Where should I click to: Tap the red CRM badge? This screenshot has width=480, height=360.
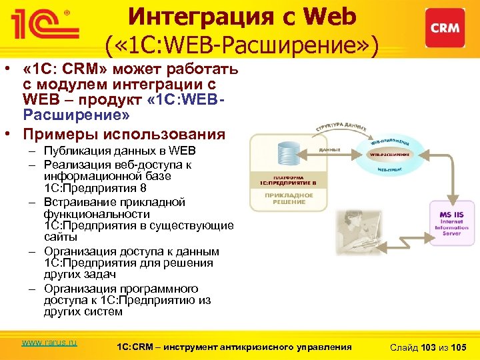pyautogui.click(x=445, y=28)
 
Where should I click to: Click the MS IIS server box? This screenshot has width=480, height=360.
pyautogui.click(x=451, y=221)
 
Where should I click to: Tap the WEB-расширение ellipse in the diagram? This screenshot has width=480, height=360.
pyautogui.click(x=391, y=155)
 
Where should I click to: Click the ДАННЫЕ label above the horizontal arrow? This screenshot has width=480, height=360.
pyautogui.click(x=331, y=150)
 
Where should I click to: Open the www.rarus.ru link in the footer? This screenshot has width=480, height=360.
pyautogui.click(x=49, y=343)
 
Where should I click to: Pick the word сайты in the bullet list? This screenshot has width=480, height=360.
pyautogui.click(x=61, y=237)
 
